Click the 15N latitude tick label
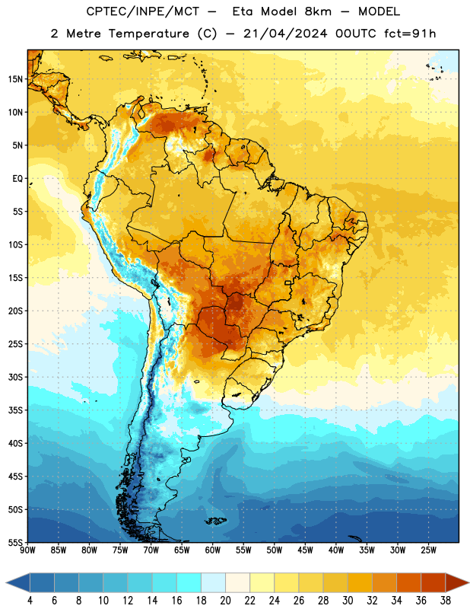pyautogui.click(x=15, y=79)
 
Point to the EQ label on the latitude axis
pyautogui.click(x=17, y=179)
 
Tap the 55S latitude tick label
pyautogui.click(x=15, y=542)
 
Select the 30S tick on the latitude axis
pyautogui.click(x=15, y=377)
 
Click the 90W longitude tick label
pyautogui.click(x=27, y=550)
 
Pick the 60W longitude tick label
pyautogui.click(x=213, y=550)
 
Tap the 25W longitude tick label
pyautogui.click(x=428, y=550)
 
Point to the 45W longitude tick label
pyautogui.click(x=305, y=550)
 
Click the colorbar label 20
pyautogui.click(x=225, y=601)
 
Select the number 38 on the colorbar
pyautogui.click(x=446, y=601)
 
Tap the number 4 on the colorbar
pyautogui.click(x=30, y=601)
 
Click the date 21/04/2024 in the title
pyautogui.click(x=285, y=33)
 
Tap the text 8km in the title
pyautogui.click(x=318, y=11)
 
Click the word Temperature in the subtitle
pyautogui.click(x=148, y=33)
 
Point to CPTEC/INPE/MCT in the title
pyautogui.click(x=143, y=11)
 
